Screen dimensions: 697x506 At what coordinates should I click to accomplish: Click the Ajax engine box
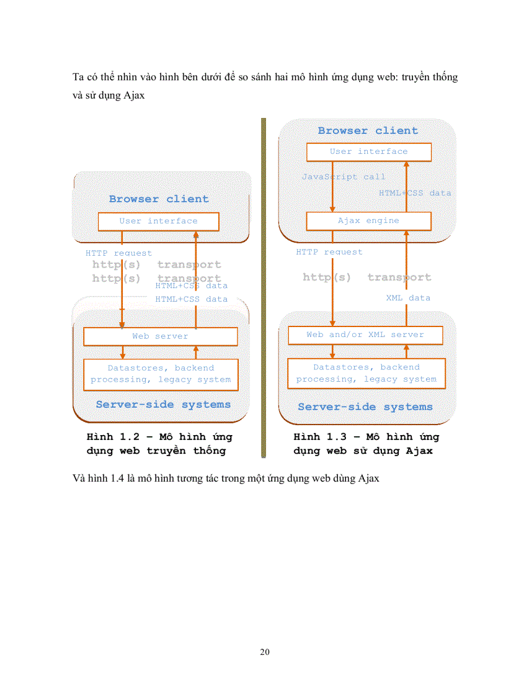(x=368, y=221)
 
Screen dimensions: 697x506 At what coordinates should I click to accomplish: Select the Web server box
(x=160, y=336)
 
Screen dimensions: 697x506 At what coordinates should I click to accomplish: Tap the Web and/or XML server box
(x=365, y=335)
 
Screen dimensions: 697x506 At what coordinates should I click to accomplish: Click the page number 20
(x=265, y=652)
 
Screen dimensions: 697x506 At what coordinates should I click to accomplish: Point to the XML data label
(x=408, y=298)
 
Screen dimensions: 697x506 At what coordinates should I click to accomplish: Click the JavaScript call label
(x=344, y=177)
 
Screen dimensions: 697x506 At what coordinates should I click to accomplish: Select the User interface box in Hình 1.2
(x=158, y=222)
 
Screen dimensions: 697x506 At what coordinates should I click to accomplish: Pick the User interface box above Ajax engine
(x=368, y=152)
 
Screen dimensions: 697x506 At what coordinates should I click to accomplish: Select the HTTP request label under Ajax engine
(x=329, y=253)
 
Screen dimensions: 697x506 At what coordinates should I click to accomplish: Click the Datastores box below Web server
(x=161, y=374)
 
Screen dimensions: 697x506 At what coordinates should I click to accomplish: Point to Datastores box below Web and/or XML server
(x=366, y=373)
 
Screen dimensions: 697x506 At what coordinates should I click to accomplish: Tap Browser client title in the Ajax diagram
(x=368, y=131)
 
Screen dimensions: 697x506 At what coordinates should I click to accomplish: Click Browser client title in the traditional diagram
(x=159, y=199)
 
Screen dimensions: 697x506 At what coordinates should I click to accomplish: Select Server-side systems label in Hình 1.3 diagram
(x=365, y=407)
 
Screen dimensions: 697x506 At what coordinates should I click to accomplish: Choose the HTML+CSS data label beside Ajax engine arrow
(x=415, y=193)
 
